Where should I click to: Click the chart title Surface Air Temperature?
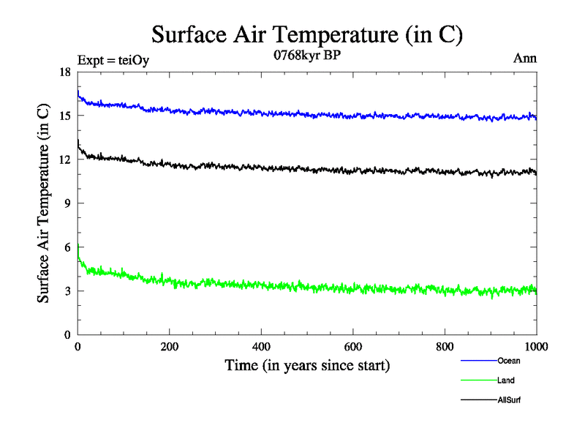[x=307, y=34]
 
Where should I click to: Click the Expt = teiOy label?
[x=113, y=61]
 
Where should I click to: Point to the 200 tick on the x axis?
[x=170, y=347]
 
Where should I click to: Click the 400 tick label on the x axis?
[x=261, y=347]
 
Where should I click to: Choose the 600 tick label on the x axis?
[x=353, y=347]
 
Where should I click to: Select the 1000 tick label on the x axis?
[x=536, y=347]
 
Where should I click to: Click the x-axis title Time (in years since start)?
[x=306, y=365]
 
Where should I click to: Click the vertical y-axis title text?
[x=45, y=203]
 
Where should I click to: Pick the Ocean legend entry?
[x=509, y=361]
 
